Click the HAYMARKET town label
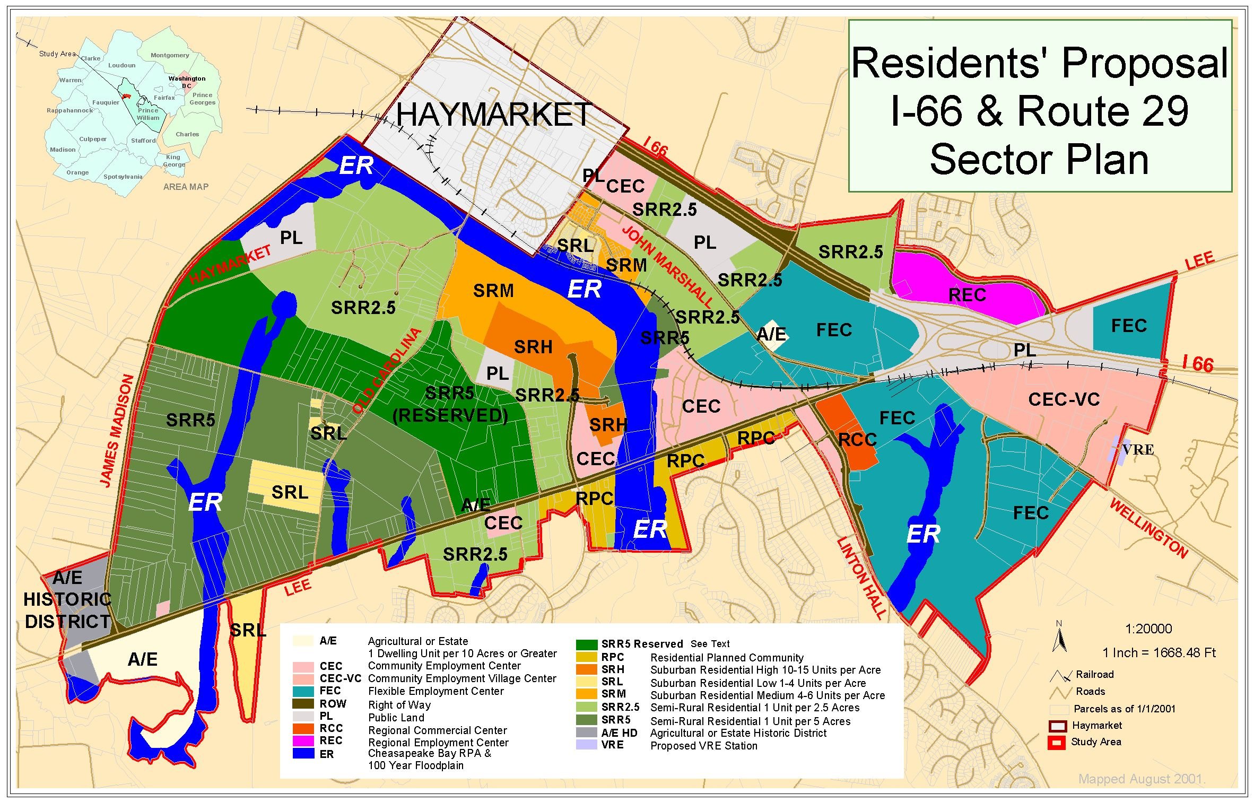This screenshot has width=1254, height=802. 493,115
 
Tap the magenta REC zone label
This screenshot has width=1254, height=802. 967,295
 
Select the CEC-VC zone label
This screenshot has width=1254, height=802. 1064,399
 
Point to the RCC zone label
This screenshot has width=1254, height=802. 857,440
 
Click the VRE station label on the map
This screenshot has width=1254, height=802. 1138,450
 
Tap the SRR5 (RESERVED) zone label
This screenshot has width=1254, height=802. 450,405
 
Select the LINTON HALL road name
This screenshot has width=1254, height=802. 861,578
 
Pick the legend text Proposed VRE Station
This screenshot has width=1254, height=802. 703,746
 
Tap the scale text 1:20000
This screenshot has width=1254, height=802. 1148,629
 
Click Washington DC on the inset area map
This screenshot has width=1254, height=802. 187,82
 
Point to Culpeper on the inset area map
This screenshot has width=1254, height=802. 93,139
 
